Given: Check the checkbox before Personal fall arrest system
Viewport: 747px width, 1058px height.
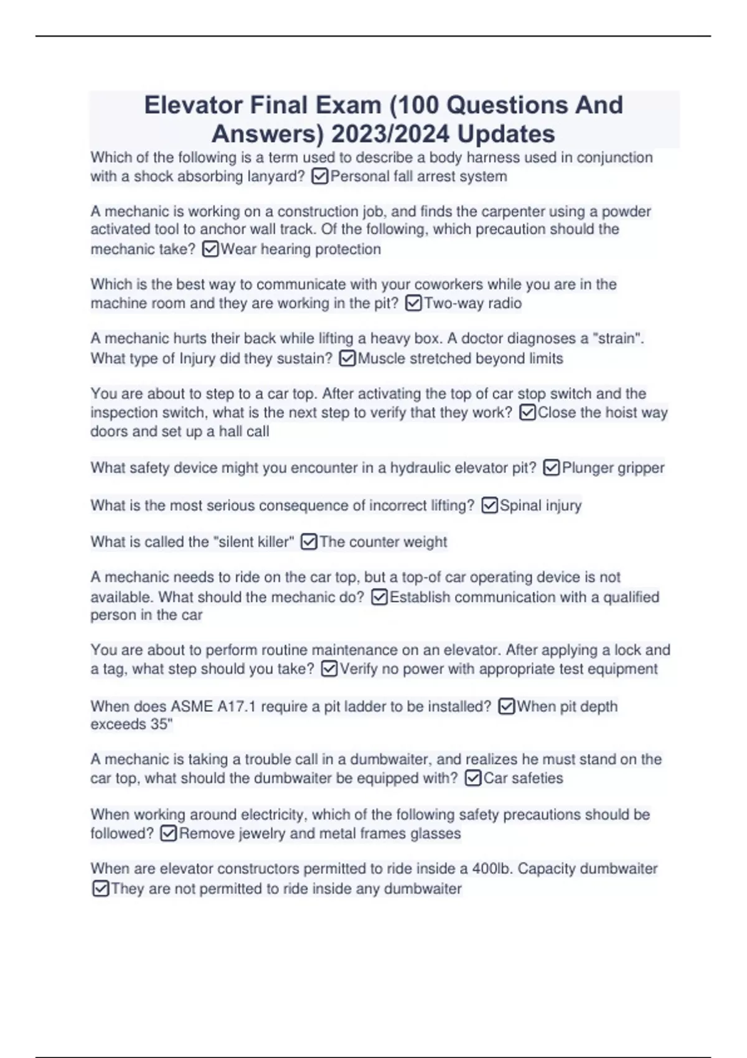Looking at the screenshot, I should coord(319,177).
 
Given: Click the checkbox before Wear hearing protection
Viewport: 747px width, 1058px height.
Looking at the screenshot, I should coord(210,250).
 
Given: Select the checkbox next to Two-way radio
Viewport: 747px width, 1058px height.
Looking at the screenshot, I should coord(413,304).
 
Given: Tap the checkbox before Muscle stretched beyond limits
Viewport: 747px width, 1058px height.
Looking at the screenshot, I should coord(347,358).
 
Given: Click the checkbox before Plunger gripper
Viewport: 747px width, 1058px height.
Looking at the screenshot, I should coord(552,468).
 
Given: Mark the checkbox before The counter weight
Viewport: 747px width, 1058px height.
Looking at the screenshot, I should coord(309,542).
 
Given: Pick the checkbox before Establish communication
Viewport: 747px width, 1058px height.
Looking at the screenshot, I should coord(379,597).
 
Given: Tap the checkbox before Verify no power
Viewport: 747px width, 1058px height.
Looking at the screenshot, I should coord(329,669).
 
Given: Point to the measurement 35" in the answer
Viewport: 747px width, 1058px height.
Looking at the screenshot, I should coord(162,724).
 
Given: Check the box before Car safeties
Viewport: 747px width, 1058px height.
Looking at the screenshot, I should coord(473,779).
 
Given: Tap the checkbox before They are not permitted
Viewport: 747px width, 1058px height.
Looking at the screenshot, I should coord(100,889).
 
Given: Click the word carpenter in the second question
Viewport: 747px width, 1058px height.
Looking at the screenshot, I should coord(499,212).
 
